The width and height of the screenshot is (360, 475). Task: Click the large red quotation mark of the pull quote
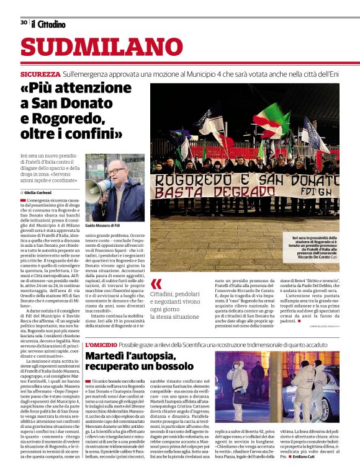[156, 285]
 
